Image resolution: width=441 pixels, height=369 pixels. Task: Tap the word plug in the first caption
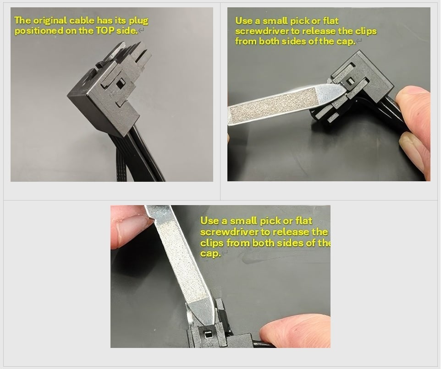click(x=138, y=21)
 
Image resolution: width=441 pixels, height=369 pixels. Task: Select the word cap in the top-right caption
click(x=346, y=42)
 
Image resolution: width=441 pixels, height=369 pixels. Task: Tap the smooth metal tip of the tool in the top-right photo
click(x=331, y=92)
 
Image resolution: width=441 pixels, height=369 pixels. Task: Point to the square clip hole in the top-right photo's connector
click(x=350, y=81)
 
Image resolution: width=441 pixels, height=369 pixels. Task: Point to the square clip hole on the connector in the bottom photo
click(x=208, y=334)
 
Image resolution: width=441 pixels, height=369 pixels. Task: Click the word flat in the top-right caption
click(x=331, y=21)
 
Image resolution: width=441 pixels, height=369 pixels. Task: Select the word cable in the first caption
click(x=82, y=20)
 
